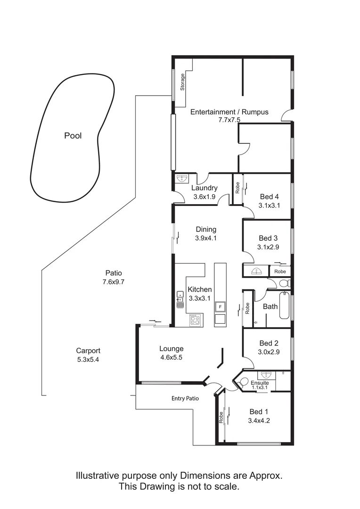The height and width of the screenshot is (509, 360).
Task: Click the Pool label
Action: click(73, 136)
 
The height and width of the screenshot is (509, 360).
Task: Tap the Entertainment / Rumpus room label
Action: click(229, 112)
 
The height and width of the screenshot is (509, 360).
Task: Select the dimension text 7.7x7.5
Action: click(229, 120)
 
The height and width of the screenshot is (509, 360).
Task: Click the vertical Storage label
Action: click(182, 82)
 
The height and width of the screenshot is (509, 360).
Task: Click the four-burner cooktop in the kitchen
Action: click(195, 320)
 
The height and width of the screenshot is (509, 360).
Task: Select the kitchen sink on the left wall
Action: click(180, 299)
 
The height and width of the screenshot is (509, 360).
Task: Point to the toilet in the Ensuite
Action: click(243, 383)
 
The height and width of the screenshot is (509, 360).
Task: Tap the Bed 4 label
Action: click(269, 197)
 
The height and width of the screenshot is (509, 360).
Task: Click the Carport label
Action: click(88, 351)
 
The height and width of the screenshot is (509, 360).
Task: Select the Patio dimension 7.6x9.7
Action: click(113, 282)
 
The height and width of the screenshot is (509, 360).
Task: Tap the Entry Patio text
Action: click(185, 398)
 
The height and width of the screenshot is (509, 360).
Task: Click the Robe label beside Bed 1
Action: click(221, 418)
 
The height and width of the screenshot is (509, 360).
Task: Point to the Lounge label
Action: click(171, 349)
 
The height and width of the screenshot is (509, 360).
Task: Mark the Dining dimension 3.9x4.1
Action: click(205, 238)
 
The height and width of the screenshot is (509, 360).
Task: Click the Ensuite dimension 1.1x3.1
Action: click(260, 388)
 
